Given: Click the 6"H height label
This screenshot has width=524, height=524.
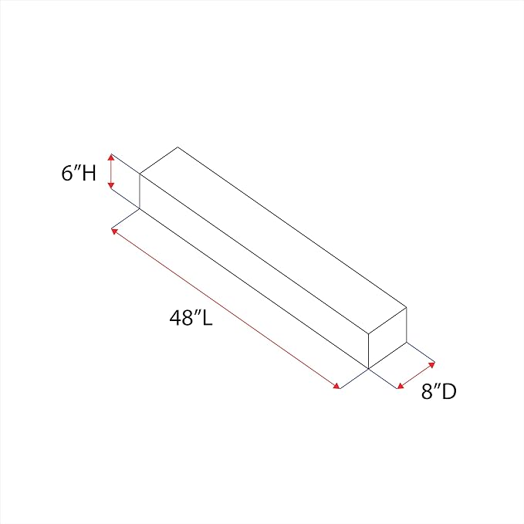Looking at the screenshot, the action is [x=79, y=173].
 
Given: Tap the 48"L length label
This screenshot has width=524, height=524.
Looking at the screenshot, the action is [x=191, y=317].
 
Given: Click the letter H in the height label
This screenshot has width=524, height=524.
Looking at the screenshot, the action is [x=90, y=173].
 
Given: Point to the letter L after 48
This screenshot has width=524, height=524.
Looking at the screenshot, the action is [x=207, y=317].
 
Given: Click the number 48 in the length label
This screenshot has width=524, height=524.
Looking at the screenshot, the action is [x=181, y=317].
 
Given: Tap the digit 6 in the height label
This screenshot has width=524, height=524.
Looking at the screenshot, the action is [x=67, y=174].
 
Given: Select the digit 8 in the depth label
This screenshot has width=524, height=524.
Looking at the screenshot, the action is [x=427, y=391].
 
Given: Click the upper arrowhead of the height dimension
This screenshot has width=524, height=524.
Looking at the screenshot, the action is [x=111, y=157].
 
